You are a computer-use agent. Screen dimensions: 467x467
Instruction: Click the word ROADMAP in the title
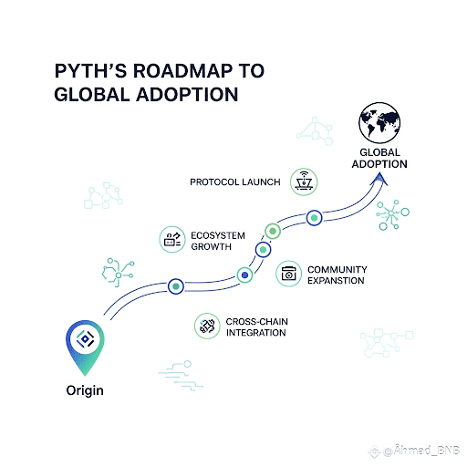coord(182,71)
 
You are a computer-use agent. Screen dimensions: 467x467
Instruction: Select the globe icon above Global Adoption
coord(379,122)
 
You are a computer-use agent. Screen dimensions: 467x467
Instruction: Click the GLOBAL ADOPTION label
coord(379,158)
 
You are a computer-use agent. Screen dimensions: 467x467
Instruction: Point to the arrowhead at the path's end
coord(379,179)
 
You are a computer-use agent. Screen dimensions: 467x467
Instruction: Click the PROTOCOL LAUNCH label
coord(235,182)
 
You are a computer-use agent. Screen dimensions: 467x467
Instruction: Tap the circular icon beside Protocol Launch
coord(304,182)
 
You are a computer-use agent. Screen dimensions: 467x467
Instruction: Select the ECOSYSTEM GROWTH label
coord(218,241)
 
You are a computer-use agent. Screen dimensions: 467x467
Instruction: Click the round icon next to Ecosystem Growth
coord(172,239)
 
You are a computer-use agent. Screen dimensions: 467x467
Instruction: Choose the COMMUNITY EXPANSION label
coord(337,275)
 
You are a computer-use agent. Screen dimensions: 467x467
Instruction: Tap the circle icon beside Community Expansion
coord(288,274)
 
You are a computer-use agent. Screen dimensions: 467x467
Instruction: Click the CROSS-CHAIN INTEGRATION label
coord(256,327)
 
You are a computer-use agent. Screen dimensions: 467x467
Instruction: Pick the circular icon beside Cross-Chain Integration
coord(207,326)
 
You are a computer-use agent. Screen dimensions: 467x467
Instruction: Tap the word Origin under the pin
coord(85,390)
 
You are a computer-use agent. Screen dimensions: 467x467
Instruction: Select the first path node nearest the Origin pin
coord(176,286)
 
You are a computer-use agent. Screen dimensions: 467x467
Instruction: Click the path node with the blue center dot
coord(244,275)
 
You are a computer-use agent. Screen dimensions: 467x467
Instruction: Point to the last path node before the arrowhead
coord(314,218)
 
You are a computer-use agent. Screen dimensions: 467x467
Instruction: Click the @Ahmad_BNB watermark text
coord(421,451)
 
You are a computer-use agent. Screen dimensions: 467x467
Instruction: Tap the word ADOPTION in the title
coord(187,94)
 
